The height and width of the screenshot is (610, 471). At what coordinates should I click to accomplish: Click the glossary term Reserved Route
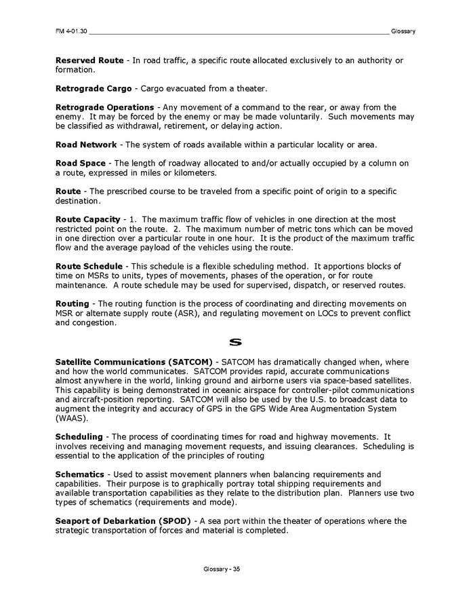tap(89, 60)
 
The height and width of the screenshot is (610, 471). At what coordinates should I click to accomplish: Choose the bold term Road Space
tap(81, 163)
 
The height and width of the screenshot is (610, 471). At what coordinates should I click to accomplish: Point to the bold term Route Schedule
tap(89, 265)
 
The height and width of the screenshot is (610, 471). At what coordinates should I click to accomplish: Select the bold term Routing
tap(72, 303)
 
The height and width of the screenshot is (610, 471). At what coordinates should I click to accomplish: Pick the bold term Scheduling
tap(79, 437)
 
